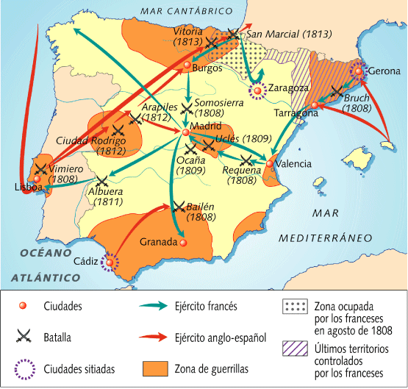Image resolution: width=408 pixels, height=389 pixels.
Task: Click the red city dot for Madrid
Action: pyautogui.click(x=185, y=132)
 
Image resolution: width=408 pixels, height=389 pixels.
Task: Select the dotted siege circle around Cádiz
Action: pyautogui.click(x=110, y=262)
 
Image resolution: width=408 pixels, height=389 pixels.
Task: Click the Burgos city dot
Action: pyautogui.click(x=187, y=66)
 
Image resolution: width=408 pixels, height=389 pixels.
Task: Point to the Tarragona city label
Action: pyautogui.click(x=293, y=115)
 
